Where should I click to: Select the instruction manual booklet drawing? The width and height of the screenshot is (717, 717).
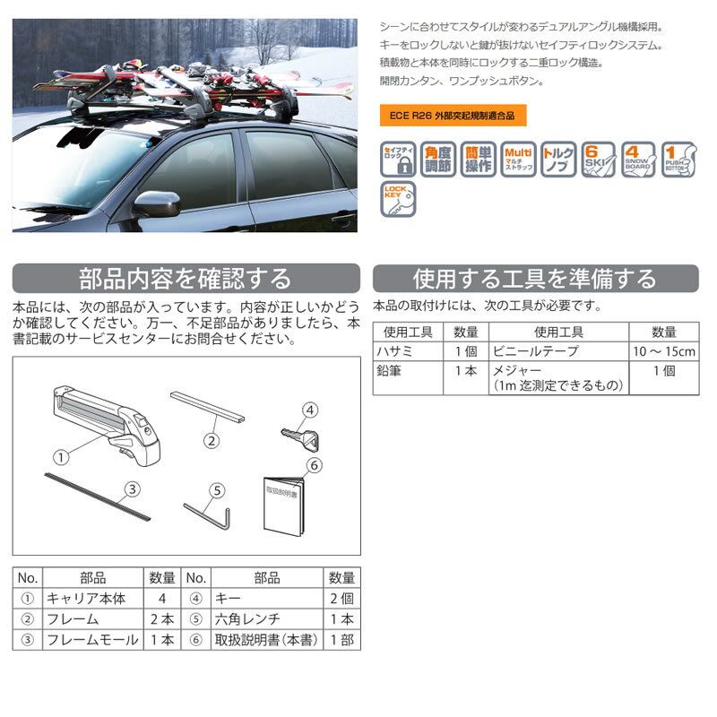click(x=285, y=506)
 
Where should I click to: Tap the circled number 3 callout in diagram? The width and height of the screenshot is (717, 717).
click(x=132, y=488)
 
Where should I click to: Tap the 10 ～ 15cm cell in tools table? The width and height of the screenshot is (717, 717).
click(x=661, y=350)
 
